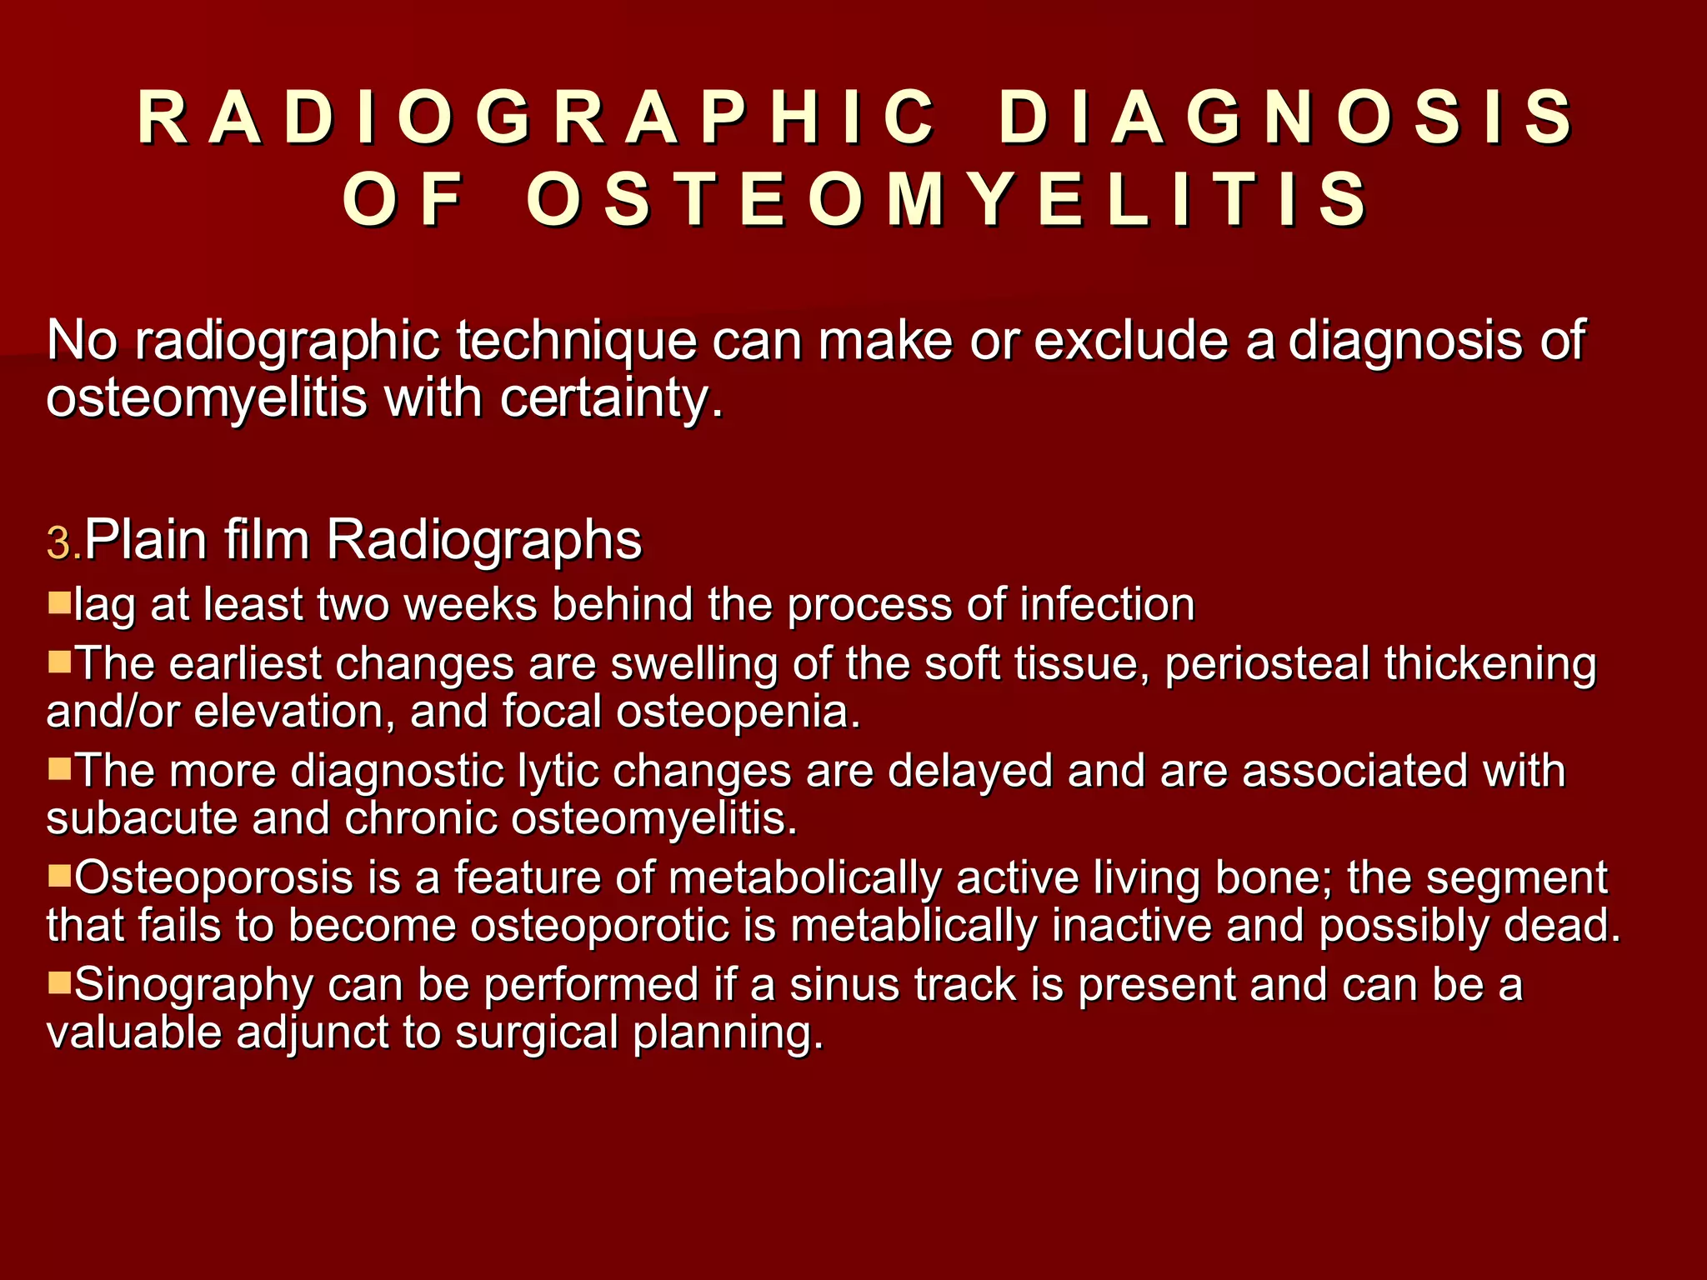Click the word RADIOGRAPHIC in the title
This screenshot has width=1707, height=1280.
pyautogui.click(x=537, y=117)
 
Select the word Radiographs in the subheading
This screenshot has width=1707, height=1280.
pyautogui.click(x=483, y=540)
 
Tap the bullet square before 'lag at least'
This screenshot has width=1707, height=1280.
pyautogui.click(x=59, y=602)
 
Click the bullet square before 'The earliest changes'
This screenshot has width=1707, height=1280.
pyautogui.click(x=59, y=662)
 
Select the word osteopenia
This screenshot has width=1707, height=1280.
pyautogui.click(x=737, y=712)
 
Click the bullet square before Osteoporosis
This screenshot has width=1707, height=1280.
pyautogui.click(x=59, y=875)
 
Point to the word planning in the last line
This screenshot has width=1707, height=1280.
pyautogui.click(x=728, y=1033)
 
